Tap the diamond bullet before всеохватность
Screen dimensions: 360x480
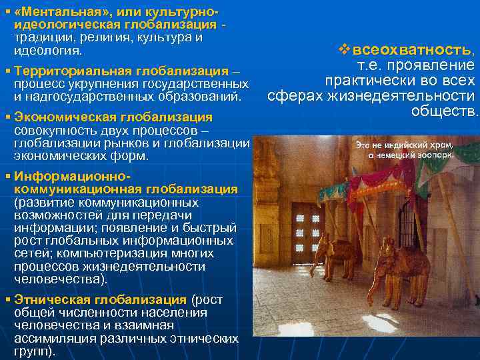click(344, 49)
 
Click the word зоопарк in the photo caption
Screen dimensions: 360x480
click(437, 154)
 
